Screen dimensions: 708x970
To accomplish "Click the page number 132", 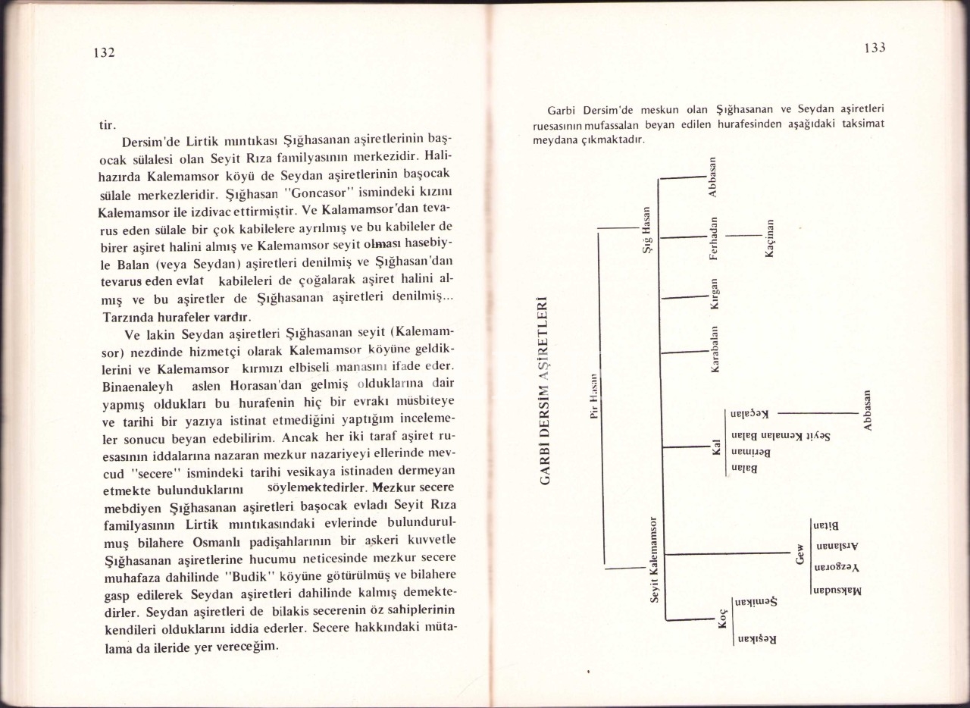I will point(104,52).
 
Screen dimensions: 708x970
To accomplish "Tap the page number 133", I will point(875,47).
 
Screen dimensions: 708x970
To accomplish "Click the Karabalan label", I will point(714,349).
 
